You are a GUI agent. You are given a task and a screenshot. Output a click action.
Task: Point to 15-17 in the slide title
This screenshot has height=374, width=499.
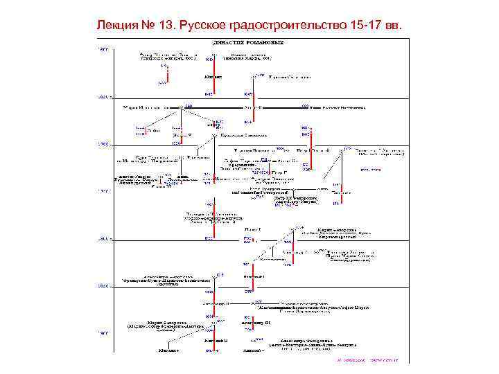click(x=367, y=25)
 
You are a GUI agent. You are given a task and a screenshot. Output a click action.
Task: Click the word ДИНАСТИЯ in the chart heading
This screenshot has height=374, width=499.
click(x=235, y=42)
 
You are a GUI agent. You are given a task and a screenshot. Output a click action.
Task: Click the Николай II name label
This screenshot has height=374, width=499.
click(x=215, y=341)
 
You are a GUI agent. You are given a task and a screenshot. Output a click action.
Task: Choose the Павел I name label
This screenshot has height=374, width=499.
click(x=253, y=228)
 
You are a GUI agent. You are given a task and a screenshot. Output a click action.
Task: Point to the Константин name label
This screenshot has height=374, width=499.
click(x=273, y=260)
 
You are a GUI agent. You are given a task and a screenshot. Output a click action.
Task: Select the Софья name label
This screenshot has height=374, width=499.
click(x=153, y=130)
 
